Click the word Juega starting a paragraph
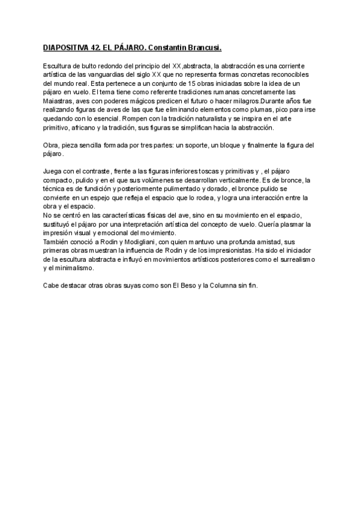point(53,172)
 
